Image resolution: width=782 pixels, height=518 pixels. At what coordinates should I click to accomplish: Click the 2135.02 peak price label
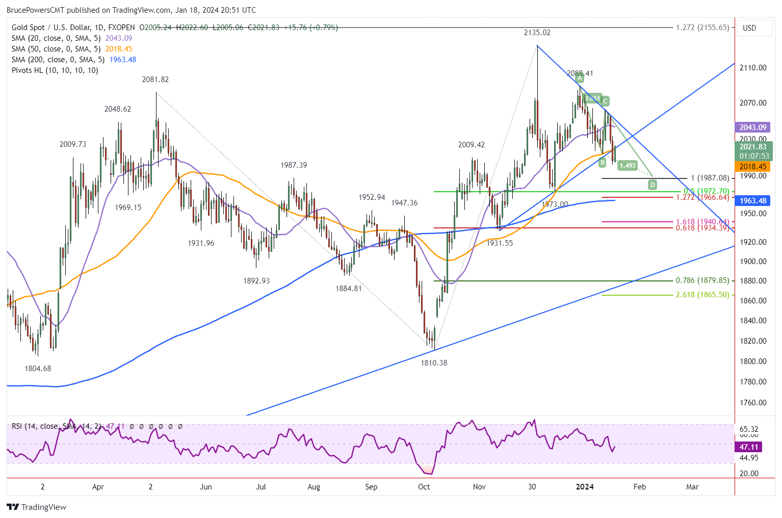[x=537, y=33]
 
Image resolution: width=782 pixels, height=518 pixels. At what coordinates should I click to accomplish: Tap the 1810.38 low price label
[x=433, y=363]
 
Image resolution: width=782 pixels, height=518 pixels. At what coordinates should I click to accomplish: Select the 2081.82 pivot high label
[x=155, y=80]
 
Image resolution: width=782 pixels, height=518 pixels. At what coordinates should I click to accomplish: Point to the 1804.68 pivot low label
[x=38, y=369]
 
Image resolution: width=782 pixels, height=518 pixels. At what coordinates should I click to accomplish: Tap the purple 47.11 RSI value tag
[x=748, y=447]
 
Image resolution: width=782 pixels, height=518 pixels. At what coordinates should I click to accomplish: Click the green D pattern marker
[x=653, y=185]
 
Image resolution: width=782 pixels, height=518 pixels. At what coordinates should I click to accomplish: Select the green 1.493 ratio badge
[x=628, y=165]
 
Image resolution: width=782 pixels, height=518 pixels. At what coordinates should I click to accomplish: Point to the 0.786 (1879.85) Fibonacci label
[x=702, y=280]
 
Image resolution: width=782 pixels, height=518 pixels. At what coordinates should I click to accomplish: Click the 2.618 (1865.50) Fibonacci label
[x=702, y=295]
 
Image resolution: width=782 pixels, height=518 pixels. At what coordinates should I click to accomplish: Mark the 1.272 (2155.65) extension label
[x=702, y=28]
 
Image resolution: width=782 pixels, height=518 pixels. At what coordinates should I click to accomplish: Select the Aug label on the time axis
[x=314, y=487]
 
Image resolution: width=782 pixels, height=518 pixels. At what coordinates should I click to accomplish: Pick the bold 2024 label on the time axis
[x=584, y=487]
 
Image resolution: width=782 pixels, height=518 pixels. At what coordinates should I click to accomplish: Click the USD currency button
[x=749, y=28]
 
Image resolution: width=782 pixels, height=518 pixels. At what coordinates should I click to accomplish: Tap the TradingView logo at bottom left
[x=37, y=507]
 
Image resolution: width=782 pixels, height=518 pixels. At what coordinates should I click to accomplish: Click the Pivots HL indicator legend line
[x=55, y=70]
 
